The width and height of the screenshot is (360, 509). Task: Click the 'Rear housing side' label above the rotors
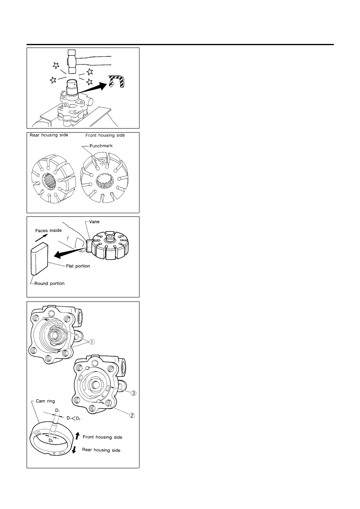coord(49,135)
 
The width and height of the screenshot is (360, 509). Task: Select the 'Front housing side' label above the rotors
coord(105,135)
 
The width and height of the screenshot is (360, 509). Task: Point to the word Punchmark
coord(101,145)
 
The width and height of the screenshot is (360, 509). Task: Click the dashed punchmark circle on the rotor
coord(102,162)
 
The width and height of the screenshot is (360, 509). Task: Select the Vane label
coord(94,222)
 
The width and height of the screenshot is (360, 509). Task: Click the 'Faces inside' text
coord(48,231)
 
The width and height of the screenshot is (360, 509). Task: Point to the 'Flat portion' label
coord(78,266)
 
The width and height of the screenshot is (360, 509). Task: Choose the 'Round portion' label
coord(49,283)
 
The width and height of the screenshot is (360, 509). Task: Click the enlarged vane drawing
coord(39,259)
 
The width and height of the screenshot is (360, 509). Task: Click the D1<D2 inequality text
coord(73,418)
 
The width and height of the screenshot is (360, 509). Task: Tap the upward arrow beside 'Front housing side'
coord(77,436)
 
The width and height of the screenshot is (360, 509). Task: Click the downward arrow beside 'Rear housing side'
coord(74,450)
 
